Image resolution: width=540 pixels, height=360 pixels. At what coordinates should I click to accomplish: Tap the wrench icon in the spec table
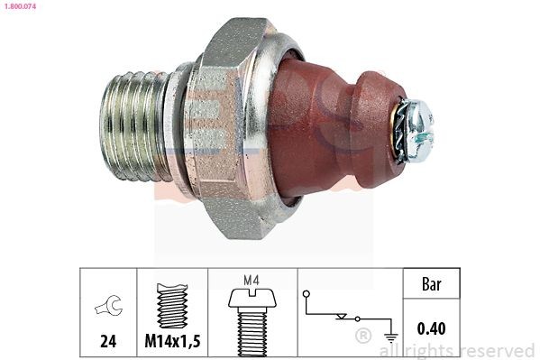pyautogui.click(x=107, y=308)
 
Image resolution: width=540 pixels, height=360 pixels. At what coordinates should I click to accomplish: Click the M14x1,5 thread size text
pyautogui.click(x=171, y=343)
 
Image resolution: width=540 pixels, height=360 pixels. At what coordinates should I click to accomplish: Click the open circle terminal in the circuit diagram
pyautogui.click(x=307, y=294)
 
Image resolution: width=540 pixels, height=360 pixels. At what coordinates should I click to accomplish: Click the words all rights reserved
pyautogui.click(x=457, y=350)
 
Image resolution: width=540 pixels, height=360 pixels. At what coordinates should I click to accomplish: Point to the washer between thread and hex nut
pyautogui.click(x=181, y=126)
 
